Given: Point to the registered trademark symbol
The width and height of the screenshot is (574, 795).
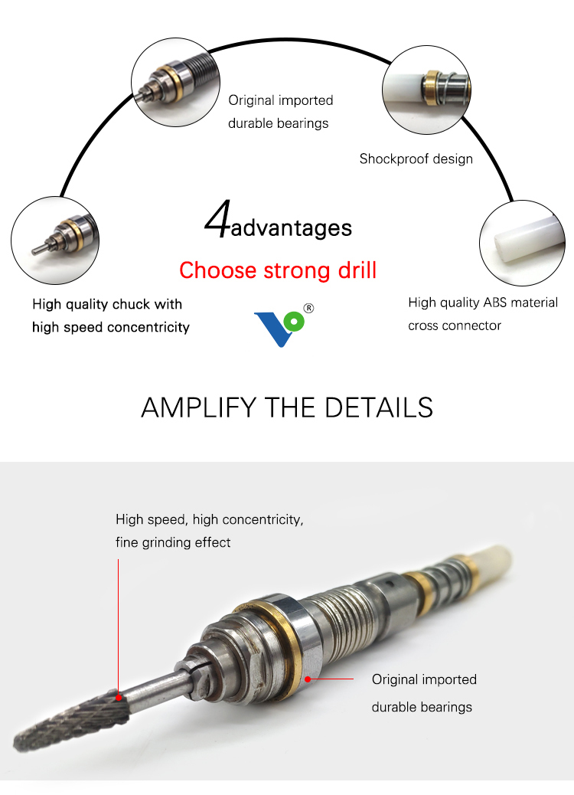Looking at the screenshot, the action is pos(308,308).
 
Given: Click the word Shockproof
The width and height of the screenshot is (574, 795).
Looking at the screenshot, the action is pos(393,159).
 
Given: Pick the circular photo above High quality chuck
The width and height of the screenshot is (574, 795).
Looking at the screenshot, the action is pos(54,240).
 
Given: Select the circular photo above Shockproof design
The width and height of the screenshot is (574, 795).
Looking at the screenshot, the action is pos(426,90).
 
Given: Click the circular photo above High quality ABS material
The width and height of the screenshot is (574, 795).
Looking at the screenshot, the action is pos(522,244).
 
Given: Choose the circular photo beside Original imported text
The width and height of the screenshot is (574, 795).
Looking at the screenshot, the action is pos(175,82).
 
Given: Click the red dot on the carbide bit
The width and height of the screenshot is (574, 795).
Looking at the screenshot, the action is pos(119,698).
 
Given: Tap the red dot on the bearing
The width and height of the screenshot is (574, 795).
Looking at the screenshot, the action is pos(308,679).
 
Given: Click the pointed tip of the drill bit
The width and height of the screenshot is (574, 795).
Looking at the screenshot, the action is pos(15,746).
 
